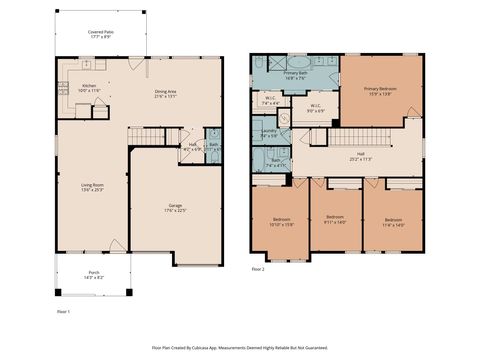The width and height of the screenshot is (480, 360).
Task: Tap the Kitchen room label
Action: [89, 88]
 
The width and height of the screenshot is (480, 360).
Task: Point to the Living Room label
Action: [92, 187]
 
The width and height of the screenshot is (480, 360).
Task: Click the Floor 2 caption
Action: [258, 269]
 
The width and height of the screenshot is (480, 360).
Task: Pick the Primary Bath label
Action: [296, 75]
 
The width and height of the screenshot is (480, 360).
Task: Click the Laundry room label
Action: [269, 133]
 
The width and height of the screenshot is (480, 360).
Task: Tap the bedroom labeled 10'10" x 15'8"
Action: [283, 222]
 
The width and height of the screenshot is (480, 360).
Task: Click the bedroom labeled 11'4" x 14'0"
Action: [392, 222]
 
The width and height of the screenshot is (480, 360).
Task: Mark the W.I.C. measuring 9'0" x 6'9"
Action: [315, 107]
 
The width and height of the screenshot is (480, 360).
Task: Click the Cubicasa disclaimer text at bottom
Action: [239, 348]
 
